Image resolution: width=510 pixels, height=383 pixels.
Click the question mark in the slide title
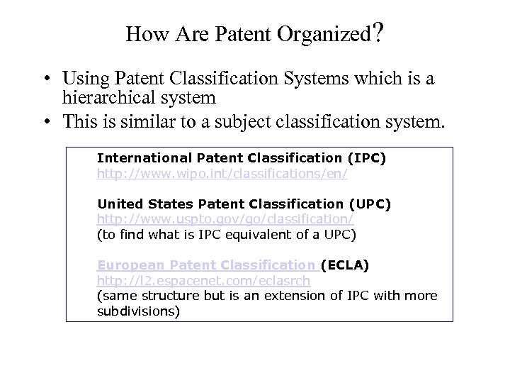pos(378,33)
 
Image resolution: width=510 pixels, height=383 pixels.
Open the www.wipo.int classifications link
pos(222,173)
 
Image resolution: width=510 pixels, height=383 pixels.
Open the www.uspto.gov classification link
pos(225,219)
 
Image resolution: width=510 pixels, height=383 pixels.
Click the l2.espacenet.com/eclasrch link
pos(203,281)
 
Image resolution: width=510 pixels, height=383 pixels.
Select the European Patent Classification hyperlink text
pos(206,265)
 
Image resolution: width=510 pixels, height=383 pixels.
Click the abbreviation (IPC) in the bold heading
pos(365,158)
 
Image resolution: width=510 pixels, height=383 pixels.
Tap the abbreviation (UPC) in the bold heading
pos(369,204)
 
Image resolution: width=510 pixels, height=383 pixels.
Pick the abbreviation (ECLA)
pos(345,265)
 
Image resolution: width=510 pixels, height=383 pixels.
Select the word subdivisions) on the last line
pos(138,311)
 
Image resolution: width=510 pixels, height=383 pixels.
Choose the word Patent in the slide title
pos(241,34)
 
